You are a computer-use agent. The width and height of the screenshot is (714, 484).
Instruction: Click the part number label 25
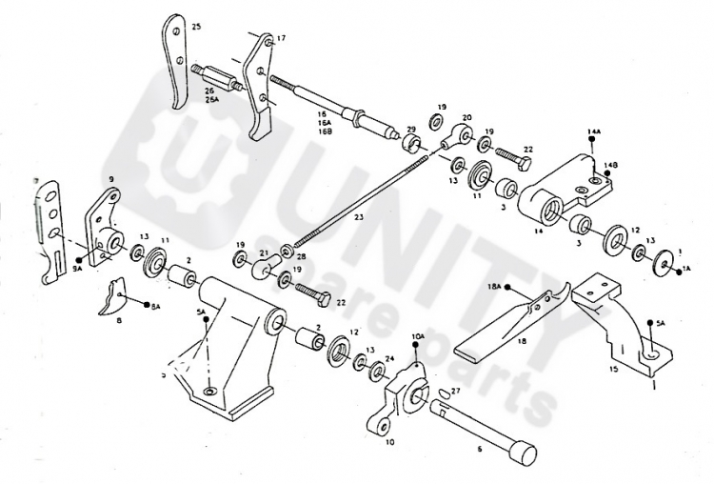(x=196, y=26)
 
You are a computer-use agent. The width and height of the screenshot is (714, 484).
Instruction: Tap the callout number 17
(x=281, y=39)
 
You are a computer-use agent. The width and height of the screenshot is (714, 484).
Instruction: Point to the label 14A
(x=594, y=129)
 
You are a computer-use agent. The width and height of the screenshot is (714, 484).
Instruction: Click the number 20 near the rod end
(x=466, y=118)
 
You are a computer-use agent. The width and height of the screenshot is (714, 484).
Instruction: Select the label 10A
(x=418, y=336)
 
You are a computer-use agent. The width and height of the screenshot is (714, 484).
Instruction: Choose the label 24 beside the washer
(x=388, y=358)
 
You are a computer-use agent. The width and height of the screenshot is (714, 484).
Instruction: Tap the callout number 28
(x=302, y=256)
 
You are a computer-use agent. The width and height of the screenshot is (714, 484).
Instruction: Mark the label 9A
(x=77, y=270)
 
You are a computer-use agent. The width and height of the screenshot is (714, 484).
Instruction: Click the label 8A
(x=156, y=307)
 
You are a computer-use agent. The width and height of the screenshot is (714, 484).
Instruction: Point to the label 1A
(x=684, y=270)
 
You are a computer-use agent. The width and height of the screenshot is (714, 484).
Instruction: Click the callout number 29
(x=411, y=130)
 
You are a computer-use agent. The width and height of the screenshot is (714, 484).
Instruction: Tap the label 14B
(x=610, y=164)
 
